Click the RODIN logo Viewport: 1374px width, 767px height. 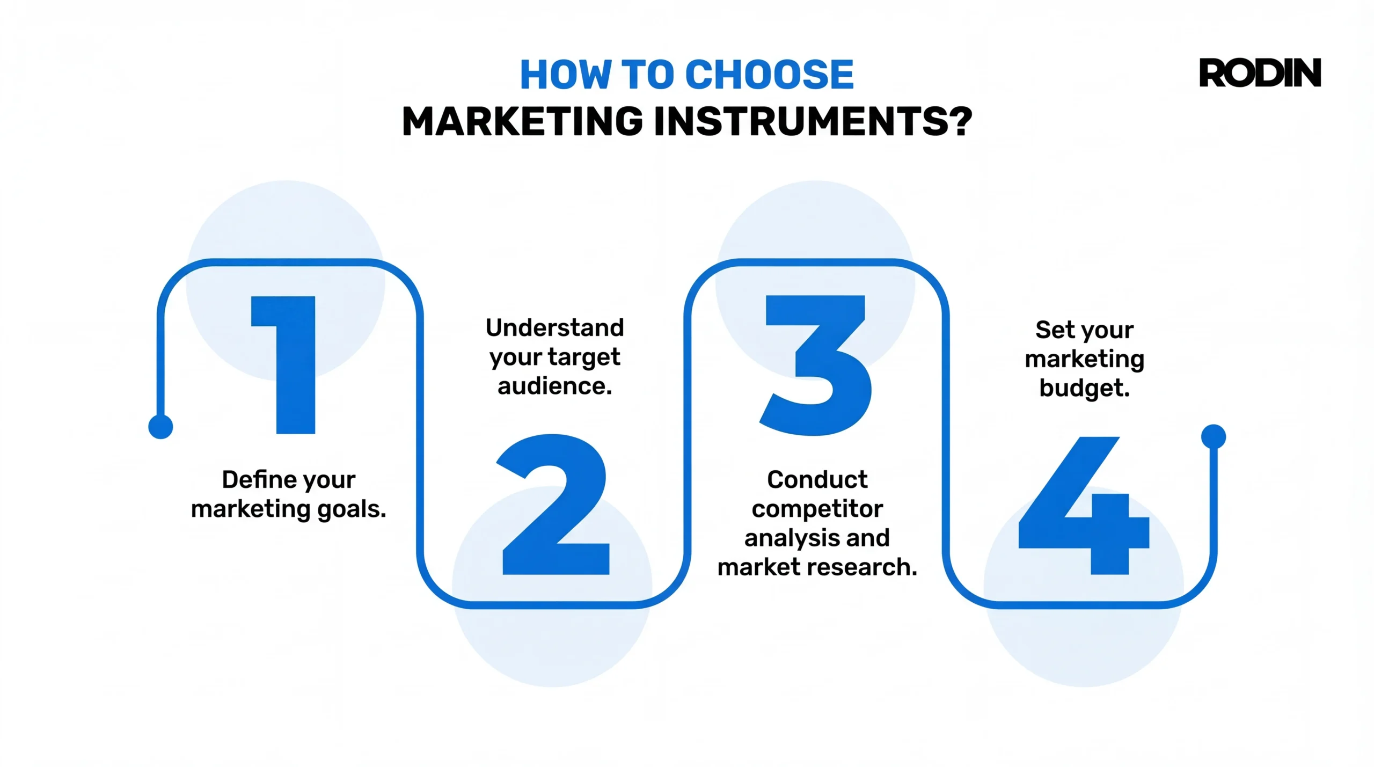tap(1259, 73)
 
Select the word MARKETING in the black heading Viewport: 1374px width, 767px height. tap(522, 121)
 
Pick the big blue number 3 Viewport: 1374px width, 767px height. tap(816, 365)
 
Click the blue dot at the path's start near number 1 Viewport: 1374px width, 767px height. tap(160, 427)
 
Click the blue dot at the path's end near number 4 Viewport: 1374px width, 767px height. tap(1214, 436)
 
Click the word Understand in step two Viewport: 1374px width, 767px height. tap(554, 327)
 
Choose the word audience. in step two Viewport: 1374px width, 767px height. tap(554, 386)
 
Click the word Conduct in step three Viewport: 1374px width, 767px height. tap(817, 479)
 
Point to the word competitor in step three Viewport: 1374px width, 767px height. tap(817, 509)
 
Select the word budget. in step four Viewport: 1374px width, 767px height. tap(1084, 388)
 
